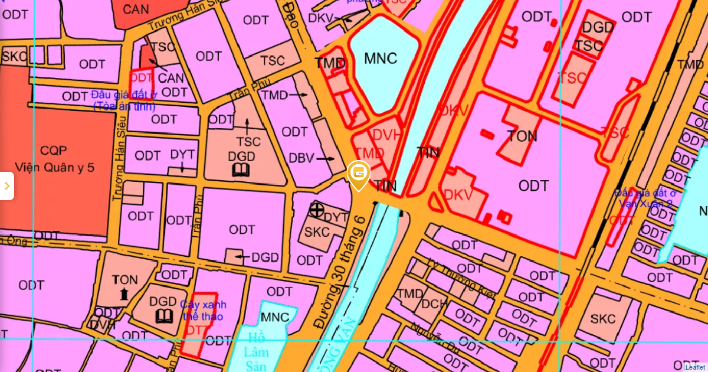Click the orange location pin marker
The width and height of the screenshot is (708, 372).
(358, 174)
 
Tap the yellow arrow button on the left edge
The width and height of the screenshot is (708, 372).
(6, 186)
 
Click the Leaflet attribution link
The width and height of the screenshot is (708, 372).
(695, 367)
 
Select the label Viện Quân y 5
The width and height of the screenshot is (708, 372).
(56, 167)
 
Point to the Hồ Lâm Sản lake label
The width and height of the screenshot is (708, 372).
(257, 352)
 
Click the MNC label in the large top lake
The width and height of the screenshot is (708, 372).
(381, 58)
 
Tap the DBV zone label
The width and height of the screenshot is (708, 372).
(302, 158)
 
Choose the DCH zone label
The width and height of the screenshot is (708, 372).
(434, 304)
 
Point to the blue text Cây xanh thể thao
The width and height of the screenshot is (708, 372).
(202, 311)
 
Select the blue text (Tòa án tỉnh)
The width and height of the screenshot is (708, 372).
(124, 107)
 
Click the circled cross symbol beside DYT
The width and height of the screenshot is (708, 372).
(317, 210)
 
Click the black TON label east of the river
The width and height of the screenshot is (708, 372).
(522, 136)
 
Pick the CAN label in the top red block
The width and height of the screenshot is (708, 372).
(136, 9)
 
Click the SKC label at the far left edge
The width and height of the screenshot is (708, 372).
(14, 57)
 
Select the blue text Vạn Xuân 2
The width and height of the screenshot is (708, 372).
(645, 204)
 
